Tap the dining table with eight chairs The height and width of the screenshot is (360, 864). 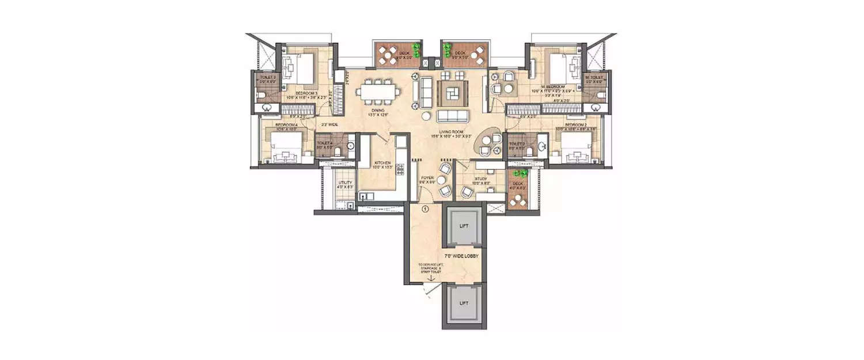pyautogui.click(x=377, y=92)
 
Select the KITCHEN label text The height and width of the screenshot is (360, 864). pyautogui.click(x=383, y=164)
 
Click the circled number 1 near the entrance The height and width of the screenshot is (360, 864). pyautogui.click(x=425, y=209)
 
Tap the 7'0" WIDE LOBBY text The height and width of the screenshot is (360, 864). pyautogui.click(x=461, y=255)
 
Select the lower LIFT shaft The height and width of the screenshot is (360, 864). pyautogui.click(x=464, y=303)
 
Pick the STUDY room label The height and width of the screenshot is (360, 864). pyautogui.click(x=481, y=179)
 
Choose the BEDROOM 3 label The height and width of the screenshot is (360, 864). pyautogui.click(x=307, y=93)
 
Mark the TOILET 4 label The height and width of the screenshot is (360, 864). pyautogui.click(x=324, y=143)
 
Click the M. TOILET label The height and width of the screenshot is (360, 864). pyautogui.click(x=594, y=77)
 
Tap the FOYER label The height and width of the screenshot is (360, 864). pyautogui.click(x=427, y=178)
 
